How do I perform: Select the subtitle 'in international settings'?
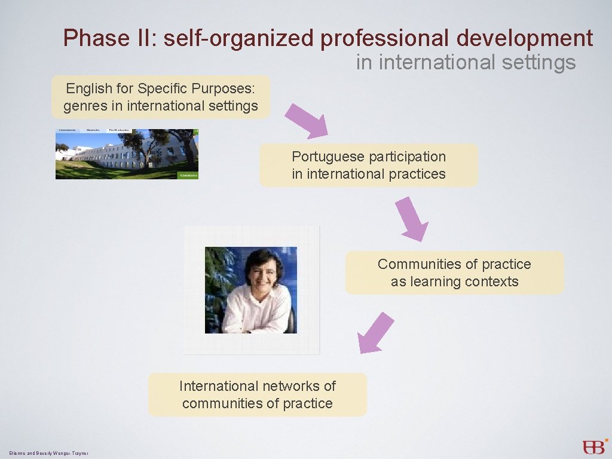(x=466, y=62)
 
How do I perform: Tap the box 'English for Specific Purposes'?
(x=161, y=97)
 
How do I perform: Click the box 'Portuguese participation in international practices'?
(x=368, y=165)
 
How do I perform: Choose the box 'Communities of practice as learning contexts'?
(x=454, y=273)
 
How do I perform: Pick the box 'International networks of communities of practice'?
(x=257, y=394)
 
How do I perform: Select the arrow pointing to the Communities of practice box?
(x=412, y=219)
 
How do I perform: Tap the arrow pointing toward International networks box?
(x=375, y=333)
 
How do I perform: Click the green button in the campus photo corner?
(x=188, y=175)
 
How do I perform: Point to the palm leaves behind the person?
(x=218, y=269)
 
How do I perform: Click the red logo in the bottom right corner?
(x=595, y=446)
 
